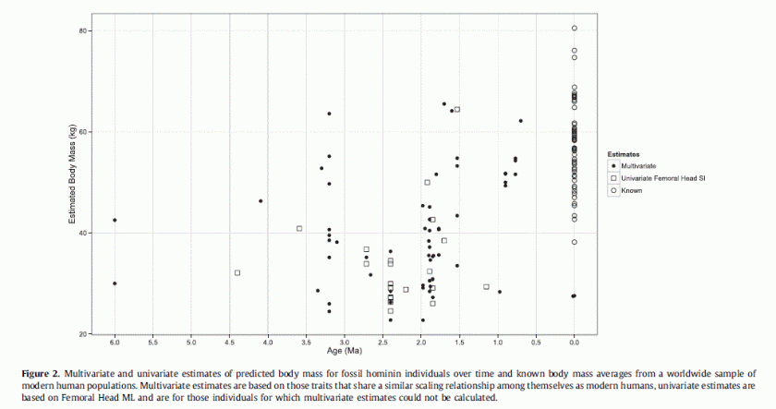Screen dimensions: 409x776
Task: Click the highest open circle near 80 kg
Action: pos(574,29)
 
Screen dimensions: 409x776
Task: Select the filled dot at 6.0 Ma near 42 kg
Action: pos(115,220)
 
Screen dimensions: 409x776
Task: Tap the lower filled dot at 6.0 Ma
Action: pos(115,283)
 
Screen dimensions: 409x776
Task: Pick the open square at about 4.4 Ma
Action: pos(237,272)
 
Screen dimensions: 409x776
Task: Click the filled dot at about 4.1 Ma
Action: pos(261,200)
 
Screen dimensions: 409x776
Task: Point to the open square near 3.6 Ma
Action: pos(299,228)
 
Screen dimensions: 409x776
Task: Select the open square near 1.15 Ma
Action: pos(486,286)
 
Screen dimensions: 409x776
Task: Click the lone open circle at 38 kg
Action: pos(574,242)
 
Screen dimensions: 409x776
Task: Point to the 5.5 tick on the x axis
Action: pos(153,343)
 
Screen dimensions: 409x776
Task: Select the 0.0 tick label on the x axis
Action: pos(574,343)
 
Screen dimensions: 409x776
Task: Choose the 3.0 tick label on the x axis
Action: pos(345,343)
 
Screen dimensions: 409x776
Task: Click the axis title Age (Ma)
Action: pos(344,352)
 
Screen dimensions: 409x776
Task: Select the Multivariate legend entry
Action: pos(638,165)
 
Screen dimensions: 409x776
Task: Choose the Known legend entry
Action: pos(632,190)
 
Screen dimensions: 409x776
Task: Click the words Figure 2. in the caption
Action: pos(41,372)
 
